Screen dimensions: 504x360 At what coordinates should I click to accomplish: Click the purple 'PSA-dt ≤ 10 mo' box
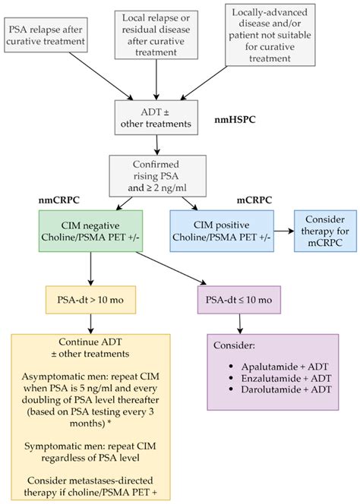coord(239,301)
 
